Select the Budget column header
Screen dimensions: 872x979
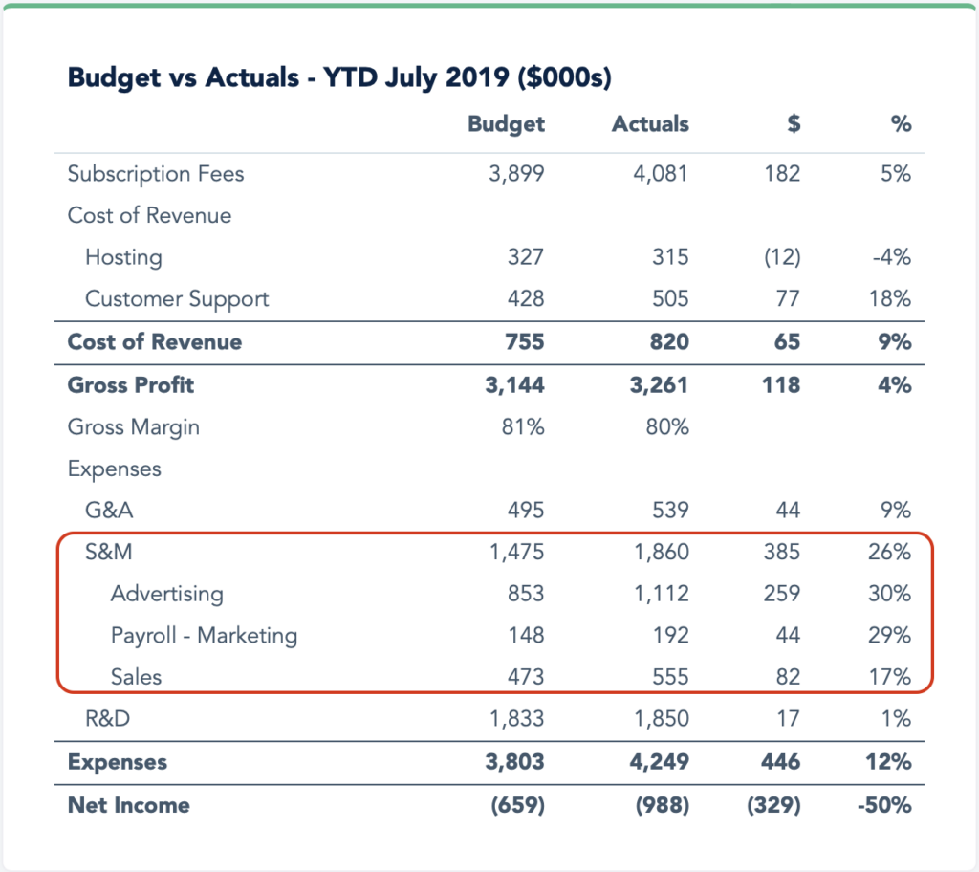tap(506, 124)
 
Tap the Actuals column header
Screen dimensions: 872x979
tap(650, 124)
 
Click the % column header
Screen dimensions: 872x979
tap(901, 124)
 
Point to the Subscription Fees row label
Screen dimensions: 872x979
tap(156, 174)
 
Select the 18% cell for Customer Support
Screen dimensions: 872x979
tap(891, 299)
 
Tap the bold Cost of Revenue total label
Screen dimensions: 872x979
tap(155, 342)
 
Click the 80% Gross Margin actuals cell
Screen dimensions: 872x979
tap(666, 427)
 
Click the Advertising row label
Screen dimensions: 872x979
tap(166, 594)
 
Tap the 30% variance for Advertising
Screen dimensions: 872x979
tap(890, 594)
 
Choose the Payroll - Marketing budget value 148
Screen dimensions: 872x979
tap(525, 636)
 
